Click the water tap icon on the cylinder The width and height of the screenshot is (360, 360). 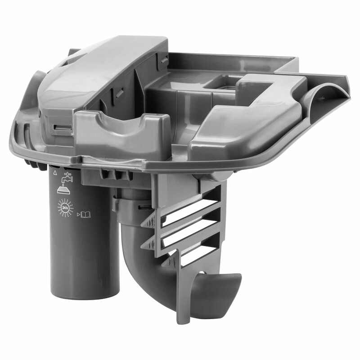coord(67,177)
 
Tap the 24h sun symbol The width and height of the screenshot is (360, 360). coord(65,207)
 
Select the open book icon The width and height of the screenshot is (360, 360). coord(85,215)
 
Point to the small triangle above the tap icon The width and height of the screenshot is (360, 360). coord(55,172)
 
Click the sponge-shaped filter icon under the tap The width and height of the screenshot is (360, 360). coord(64,190)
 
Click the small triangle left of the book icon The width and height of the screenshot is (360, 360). coord(78,215)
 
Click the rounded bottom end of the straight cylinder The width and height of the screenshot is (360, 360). coord(85,292)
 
